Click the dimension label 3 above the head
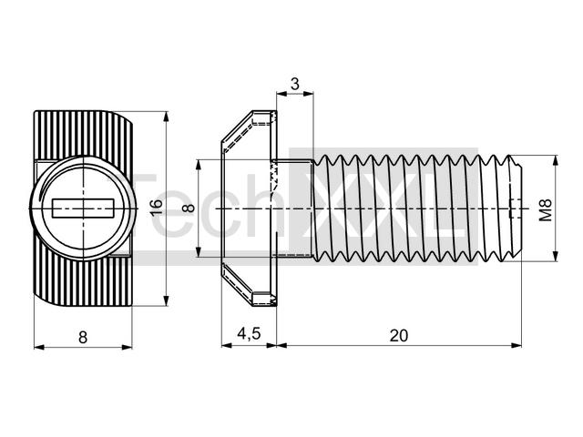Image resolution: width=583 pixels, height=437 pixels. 295,84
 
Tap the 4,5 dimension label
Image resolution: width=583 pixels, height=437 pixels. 249,334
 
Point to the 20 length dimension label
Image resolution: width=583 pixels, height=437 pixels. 399,335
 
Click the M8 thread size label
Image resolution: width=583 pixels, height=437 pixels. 546,210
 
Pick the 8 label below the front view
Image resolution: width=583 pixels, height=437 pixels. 83,338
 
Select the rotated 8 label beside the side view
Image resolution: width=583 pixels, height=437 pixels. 189,208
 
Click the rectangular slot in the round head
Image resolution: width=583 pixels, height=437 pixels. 83,208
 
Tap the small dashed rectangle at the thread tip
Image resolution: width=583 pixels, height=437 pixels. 515,208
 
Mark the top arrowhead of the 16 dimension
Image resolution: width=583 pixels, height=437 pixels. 166,117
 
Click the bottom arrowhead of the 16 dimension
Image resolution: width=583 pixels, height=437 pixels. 166,300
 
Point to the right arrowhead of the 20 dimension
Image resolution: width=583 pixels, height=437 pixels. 517,345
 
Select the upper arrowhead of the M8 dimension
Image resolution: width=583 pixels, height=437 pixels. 556,160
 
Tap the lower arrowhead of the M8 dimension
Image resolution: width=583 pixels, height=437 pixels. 556,256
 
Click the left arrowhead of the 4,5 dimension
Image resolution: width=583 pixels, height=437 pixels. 227,345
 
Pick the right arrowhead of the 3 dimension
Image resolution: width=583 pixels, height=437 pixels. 308,94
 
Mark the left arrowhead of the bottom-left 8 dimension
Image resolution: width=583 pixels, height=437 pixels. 39,347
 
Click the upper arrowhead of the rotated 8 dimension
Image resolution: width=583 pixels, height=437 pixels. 199,165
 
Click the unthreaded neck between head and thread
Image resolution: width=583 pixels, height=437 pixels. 293,208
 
